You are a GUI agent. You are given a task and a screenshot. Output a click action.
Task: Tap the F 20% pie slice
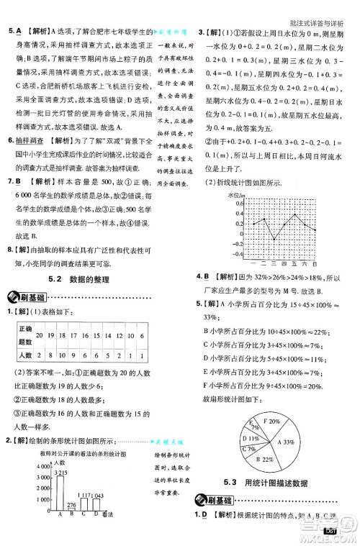point(272,421)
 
